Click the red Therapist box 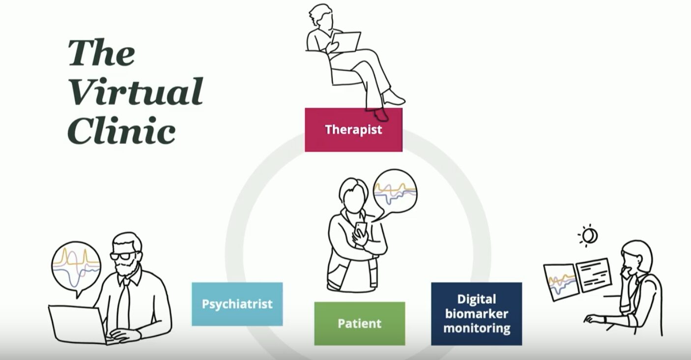[x=353, y=130]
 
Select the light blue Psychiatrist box [x=237, y=304]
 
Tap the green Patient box [x=360, y=324]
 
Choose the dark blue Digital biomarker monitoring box [x=477, y=314]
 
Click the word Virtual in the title [x=136, y=91]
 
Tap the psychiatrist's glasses [x=124, y=256]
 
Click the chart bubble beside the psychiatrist [x=76, y=268]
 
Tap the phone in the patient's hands [x=360, y=232]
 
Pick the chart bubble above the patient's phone [x=395, y=192]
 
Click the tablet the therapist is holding [x=346, y=42]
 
